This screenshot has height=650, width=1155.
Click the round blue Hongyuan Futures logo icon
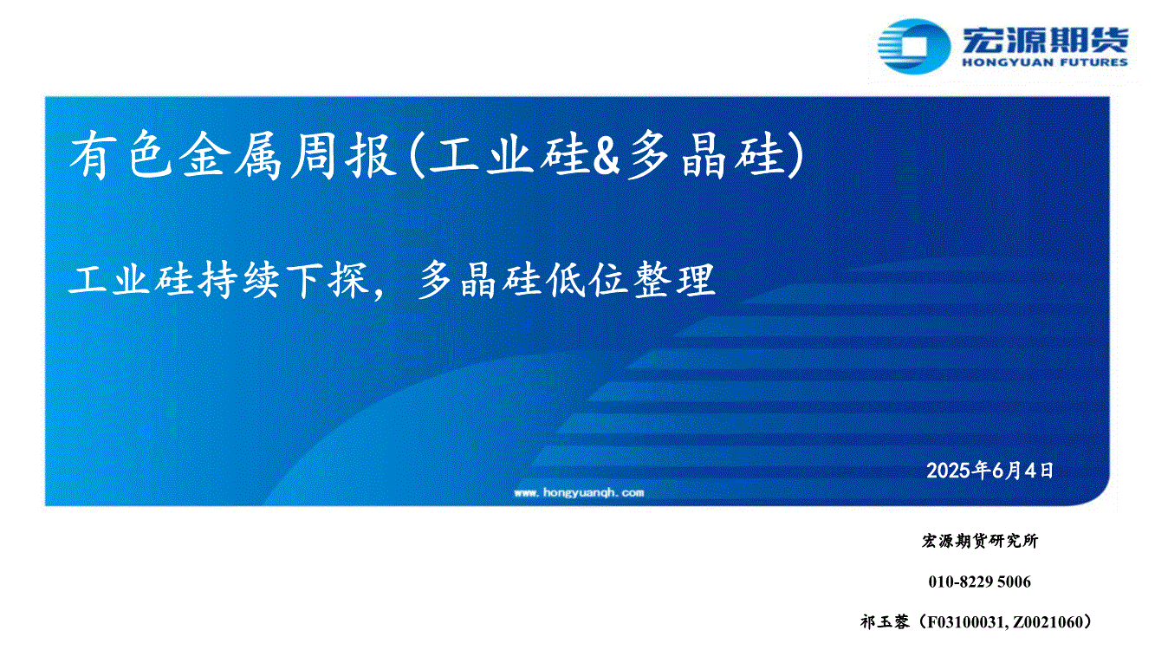913,47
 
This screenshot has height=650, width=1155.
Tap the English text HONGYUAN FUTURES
1045,62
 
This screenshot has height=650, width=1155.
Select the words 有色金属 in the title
175,155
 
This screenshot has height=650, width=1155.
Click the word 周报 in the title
342,155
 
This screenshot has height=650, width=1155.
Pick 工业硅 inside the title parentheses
509,155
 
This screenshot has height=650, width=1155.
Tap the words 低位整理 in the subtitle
630,280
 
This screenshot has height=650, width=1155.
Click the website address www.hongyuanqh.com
579,492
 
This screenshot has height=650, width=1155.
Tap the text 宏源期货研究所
980,541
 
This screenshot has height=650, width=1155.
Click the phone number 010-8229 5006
980,582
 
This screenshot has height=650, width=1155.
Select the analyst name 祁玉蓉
885,622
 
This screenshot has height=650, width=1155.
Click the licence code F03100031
966,622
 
